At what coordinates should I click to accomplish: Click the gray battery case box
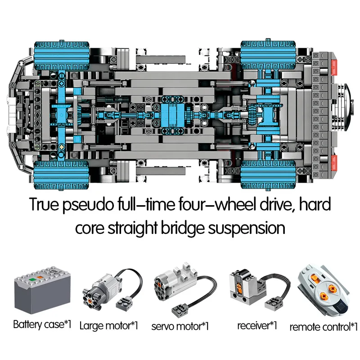[x=41, y=291]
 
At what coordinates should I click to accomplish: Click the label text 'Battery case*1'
[x=42, y=324]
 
